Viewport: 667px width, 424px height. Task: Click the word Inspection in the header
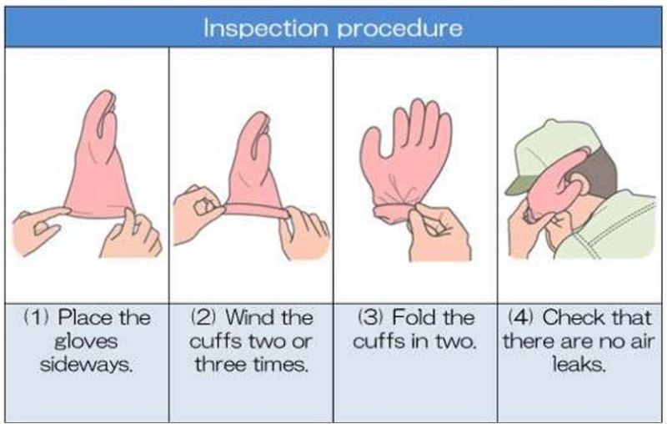pyautogui.click(x=265, y=28)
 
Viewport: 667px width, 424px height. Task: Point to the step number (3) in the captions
pyautogui.click(x=371, y=317)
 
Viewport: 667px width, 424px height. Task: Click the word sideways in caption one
pyautogui.click(x=87, y=365)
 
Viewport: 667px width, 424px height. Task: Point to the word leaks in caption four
pyautogui.click(x=579, y=365)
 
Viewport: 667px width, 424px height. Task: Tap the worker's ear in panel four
pyautogui.click(x=580, y=182)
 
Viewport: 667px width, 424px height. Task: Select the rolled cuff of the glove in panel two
pyautogui.click(x=255, y=209)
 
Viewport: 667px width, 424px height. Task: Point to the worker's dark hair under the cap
pyautogui.click(x=603, y=170)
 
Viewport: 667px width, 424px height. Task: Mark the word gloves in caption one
pyautogui.click(x=87, y=341)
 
